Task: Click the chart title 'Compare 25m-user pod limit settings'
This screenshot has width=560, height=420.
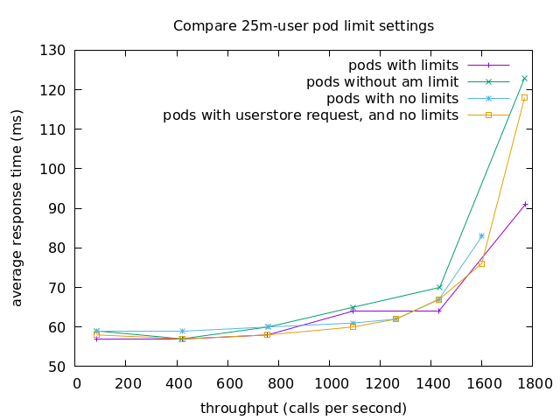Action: pyautogui.click(x=303, y=25)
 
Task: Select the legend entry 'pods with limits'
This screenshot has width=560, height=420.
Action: pyautogui.click(x=402, y=66)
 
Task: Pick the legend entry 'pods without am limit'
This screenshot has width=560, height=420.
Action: pyautogui.click(x=381, y=82)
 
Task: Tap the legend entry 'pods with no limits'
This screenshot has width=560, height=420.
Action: pyautogui.click(x=392, y=98)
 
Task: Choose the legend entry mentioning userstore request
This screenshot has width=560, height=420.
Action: pyautogui.click(x=311, y=115)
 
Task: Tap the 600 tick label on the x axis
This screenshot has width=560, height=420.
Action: pyautogui.click(x=227, y=383)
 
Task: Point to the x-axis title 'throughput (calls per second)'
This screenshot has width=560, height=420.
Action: pyautogui.click(x=303, y=408)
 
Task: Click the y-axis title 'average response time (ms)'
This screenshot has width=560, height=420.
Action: pyautogui.click(x=17, y=208)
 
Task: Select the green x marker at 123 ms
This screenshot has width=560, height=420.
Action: pyautogui.click(x=524, y=78)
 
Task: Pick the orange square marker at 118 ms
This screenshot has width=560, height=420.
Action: pyautogui.click(x=524, y=97)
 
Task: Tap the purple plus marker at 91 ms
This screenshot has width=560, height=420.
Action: pyautogui.click(x=524, y=204)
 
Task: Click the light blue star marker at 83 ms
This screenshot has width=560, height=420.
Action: pyautogui.click(x=481, y=235)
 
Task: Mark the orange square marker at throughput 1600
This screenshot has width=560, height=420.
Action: pyautogui.click(x=481, y=263)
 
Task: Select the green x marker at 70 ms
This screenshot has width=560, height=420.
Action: pyautogui.click(x=439, y=287)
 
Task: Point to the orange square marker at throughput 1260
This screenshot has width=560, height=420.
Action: pyautogui.click(x=395, y=318)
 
